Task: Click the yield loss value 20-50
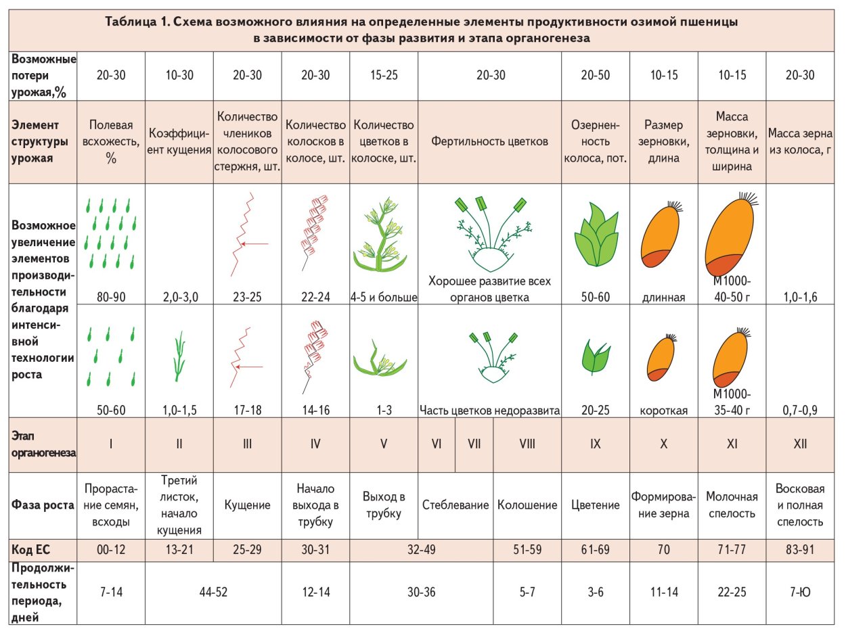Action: click(596, 76)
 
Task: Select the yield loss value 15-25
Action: click(384, 76)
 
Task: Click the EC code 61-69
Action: click(596, 550)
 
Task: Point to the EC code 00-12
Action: click(112, 550)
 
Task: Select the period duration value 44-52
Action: click(213, 592)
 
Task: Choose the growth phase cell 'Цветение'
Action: click(596, 505)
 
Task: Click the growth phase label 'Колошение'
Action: click(527, 505)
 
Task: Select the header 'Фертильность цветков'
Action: click(489, 142)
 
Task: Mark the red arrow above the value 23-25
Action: click(254, 243)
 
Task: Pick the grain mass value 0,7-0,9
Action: click(799, 409)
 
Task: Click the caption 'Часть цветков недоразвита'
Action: click(489, 409)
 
